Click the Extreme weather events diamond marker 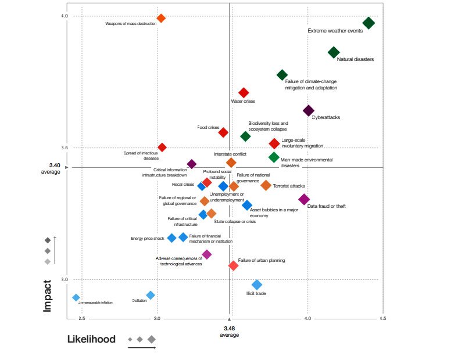[368, 23]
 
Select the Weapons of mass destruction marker [162, 19]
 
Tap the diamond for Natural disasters [334, 52]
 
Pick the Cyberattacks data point [309, 110]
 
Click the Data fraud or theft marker [304, 200]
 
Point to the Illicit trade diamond [257, 285]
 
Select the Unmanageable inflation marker [76, 297]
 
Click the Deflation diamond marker [151, 295]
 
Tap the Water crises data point [244, 93]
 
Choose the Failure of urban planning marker [233, 265]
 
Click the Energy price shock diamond [171, 238]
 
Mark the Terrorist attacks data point [266, 185]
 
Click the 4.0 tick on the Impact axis [65, 16]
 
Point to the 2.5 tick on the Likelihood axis [81, 318]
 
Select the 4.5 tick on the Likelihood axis [383, 318]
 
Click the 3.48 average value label [229, 328]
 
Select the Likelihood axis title [91, 339]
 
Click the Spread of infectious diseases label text [141, 156]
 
